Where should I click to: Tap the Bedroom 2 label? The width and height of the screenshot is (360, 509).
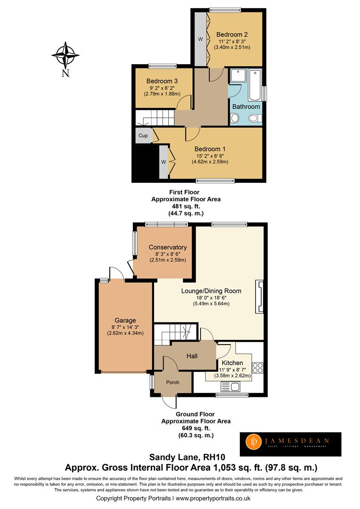click(232, 34)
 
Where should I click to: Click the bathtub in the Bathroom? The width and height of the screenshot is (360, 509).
click(254, 85)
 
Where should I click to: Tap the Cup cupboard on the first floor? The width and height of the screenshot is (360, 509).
click(143, 136)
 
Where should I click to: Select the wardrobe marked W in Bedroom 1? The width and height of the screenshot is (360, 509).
click(164, 162)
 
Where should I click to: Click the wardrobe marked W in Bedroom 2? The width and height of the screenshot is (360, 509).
click(200, 39)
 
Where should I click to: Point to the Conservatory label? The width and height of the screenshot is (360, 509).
click(168, 247)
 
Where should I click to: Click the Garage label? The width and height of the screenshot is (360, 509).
click(125, 320)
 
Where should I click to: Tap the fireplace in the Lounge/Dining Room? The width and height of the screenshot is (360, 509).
click(259, 297)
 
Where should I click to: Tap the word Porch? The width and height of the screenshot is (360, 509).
click(173, 382)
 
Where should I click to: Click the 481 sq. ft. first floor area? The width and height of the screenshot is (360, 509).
click(186, 206)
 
